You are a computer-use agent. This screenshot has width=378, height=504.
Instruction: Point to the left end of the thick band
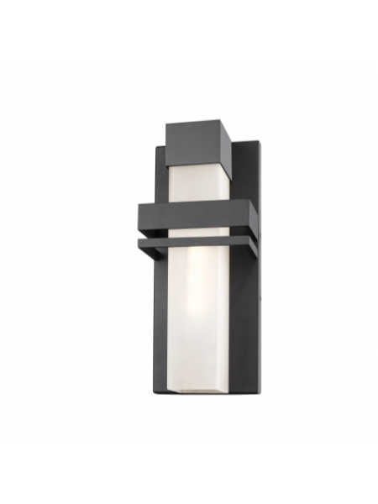[141, 216]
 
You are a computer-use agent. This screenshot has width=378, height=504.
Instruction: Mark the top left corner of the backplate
[156, 149]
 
